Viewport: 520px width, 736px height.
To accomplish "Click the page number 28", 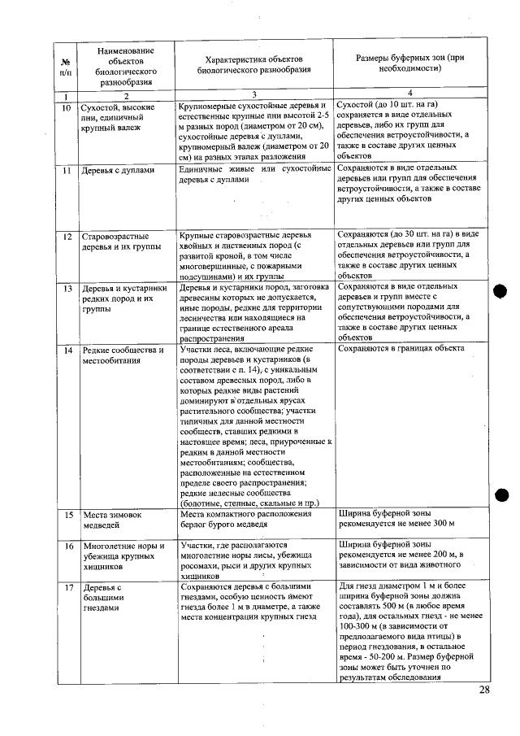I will [x=484, y=690].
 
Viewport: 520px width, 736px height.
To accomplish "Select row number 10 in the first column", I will [x=66, y=107].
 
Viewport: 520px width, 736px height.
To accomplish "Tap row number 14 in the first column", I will [x=67, y=351].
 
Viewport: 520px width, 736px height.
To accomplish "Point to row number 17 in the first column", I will [x=67, y=587].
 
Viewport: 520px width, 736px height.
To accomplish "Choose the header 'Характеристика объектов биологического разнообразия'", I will [x=253, y=65].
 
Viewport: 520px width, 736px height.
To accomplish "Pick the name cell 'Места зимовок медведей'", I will [x=113, y=520].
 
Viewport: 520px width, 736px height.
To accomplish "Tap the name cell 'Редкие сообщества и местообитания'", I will [x=122, y=355].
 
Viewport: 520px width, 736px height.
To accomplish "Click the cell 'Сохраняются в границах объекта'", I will [x=401, y=349].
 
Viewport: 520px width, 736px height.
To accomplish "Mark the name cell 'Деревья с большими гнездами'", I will [x=106, y=599].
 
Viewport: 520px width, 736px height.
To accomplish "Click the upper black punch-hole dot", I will [x=500, y=293].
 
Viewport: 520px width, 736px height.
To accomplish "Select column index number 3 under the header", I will [x=253, y=95].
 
